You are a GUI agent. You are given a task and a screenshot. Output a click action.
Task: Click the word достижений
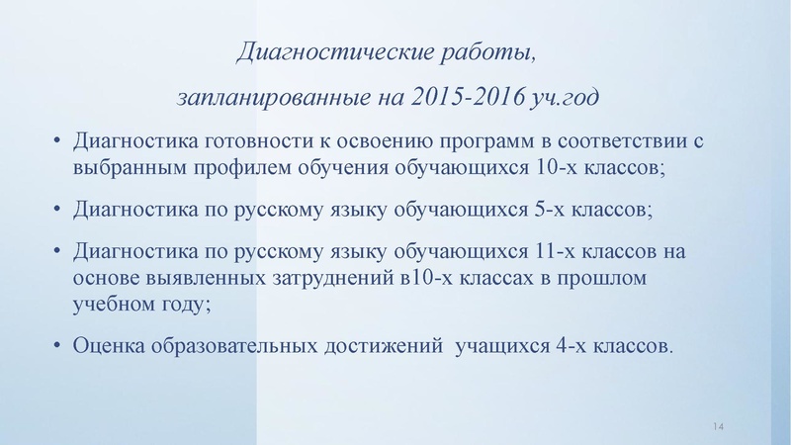point(382,346)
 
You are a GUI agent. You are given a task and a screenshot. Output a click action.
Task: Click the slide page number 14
point(718,425)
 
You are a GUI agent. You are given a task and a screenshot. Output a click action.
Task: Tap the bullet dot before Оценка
point(58,346)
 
